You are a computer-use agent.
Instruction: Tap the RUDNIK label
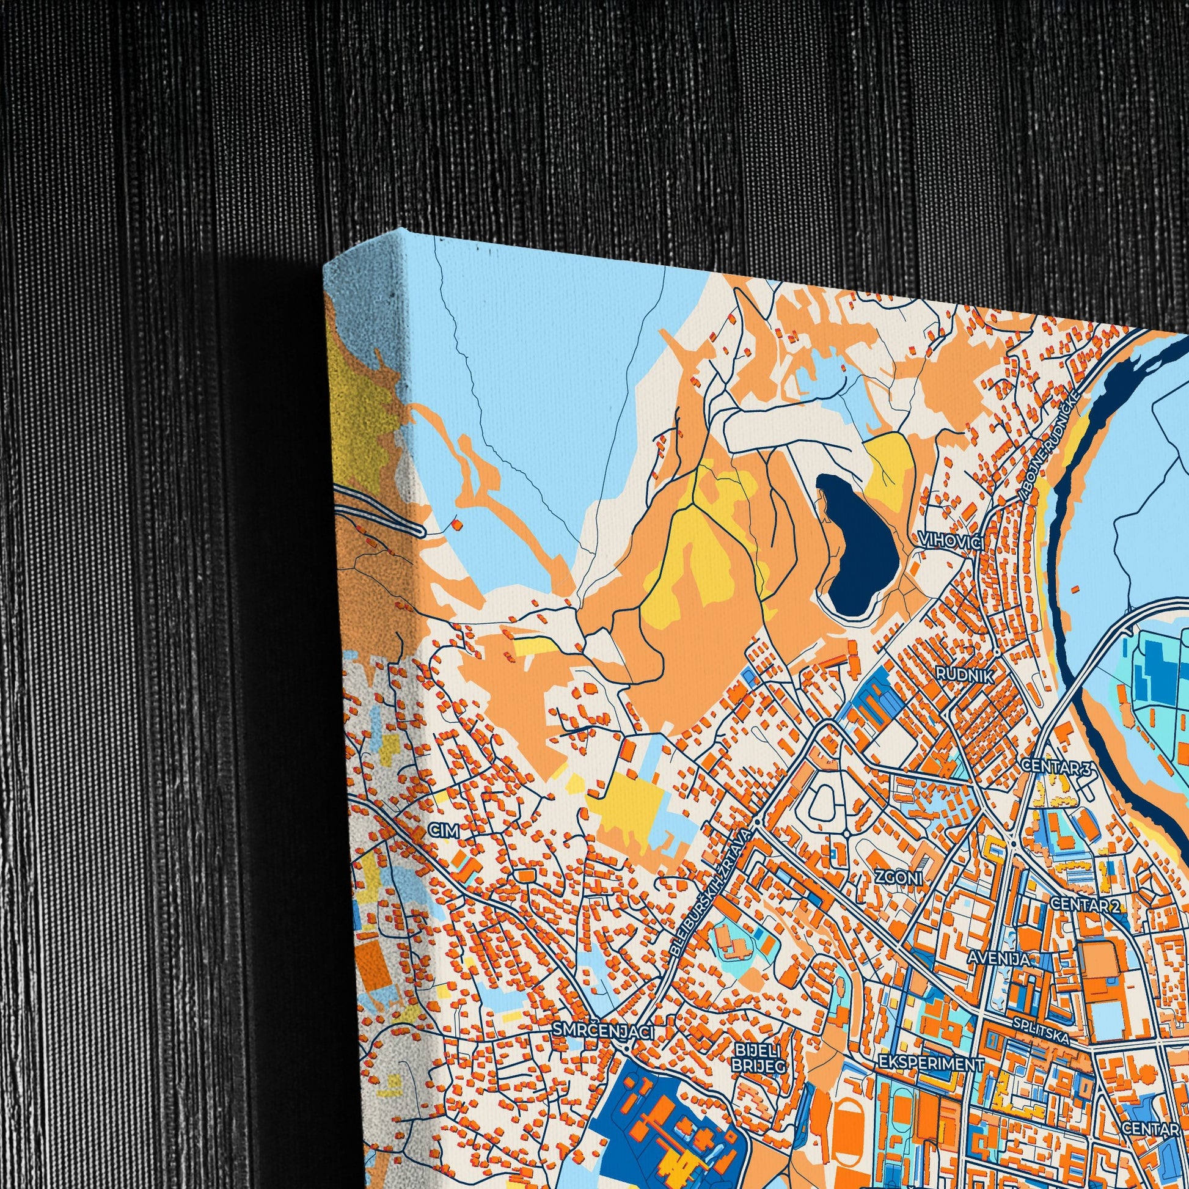tap(964, 675)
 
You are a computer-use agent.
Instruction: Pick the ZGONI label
tap(899, 877)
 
